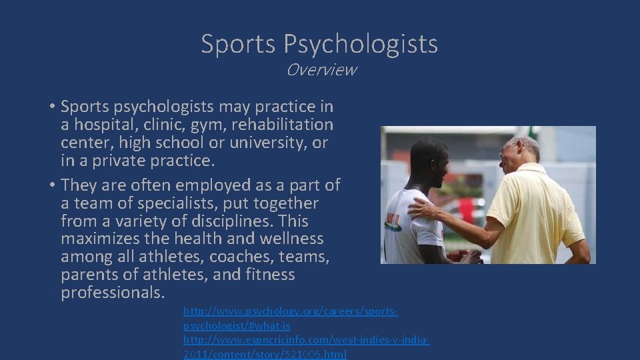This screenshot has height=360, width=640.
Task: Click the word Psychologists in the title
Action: pyautogui.click(x=361, y=44)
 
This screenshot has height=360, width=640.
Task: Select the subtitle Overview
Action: pyautogui.click(x=321, y=69)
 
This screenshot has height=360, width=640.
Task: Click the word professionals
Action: pyautogui.click(x=112, y=293)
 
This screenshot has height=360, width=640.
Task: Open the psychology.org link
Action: pyautogui.click(x=290, y=311)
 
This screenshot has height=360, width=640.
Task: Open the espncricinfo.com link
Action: pyautogui.click(x=306, y=340)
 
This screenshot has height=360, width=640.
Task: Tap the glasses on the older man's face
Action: pyautogui.click(x=509, y=147)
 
